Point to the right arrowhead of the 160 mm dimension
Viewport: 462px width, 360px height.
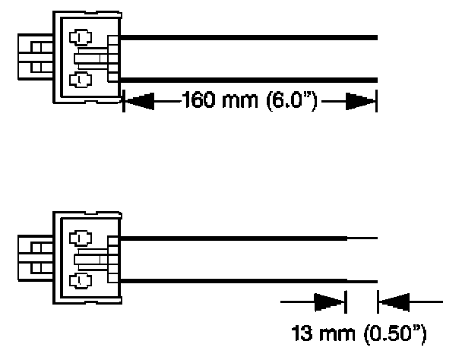[x=359, y=101]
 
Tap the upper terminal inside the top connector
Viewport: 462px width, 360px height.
[x=78, y=37]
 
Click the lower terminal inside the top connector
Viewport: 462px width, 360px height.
[x=78, y=79]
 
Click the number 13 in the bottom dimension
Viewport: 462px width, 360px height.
[x=304, y=332]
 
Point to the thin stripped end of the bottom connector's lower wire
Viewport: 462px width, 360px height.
[x=362, y=281]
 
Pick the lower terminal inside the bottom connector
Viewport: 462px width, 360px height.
[x=78, y=279]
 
